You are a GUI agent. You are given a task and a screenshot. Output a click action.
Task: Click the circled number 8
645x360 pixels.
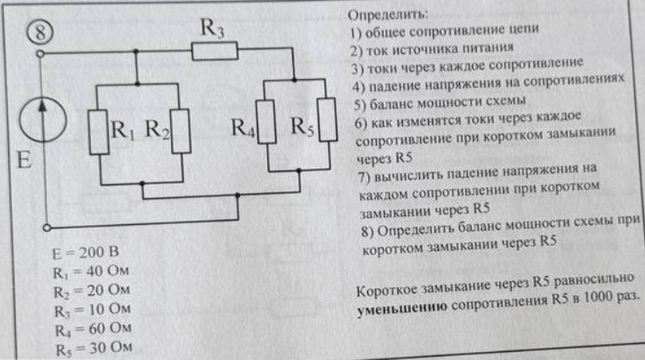tap(40, 32)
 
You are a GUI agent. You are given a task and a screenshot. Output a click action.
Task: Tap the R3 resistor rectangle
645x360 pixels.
tap(215, 50)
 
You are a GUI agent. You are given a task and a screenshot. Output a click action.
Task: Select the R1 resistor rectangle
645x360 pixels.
tap(99, 132)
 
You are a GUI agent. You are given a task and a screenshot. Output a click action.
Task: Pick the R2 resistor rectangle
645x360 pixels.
tap(181, 131)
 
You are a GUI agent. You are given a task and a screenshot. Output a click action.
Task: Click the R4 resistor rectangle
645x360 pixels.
tap(266, 122)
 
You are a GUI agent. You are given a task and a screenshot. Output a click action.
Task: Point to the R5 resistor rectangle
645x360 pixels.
tap(327, 120)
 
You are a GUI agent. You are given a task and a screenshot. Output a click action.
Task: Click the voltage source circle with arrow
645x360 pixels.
tap(43, 120)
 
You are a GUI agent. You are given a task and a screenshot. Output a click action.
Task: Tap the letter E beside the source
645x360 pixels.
tap(24, 159)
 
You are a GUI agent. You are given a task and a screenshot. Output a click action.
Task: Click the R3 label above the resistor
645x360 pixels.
tap(212, 28)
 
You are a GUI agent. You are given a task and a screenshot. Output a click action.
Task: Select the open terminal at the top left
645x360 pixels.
tap(40, 54)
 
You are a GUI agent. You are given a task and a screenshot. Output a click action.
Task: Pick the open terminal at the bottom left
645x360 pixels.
tap(47, 228)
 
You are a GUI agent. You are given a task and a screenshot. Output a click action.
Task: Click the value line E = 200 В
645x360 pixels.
tap(85, 252)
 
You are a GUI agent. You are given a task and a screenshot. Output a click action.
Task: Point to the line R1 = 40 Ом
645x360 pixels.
tap(91, 271)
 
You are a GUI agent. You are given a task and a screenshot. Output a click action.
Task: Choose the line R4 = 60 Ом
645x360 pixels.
tap(93, 329)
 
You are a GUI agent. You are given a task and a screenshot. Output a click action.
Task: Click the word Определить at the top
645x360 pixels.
tap(388, 15)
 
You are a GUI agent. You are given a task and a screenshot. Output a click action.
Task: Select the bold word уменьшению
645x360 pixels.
tap(402, 308)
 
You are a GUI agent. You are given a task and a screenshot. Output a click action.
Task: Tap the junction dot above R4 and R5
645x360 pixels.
tap(294, 79)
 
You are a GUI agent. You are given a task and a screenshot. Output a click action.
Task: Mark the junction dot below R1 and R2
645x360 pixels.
tap(142, 184)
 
